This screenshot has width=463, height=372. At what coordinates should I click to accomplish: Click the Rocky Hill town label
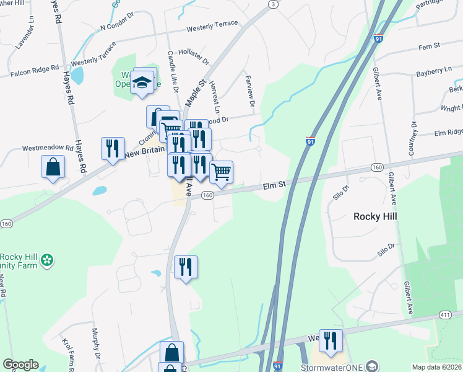click(x=374, y=216)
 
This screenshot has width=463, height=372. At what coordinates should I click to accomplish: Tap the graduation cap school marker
click(x=143, y=82)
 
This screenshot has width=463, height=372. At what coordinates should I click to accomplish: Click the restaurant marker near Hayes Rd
click(x=113, y=149)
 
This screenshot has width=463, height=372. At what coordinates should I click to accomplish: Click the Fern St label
click(x=428, y=46)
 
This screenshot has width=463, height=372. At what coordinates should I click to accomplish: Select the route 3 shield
click(x=272, y=4)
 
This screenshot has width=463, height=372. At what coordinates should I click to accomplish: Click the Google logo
click(x=20, y=365)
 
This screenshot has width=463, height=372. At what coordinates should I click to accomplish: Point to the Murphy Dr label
click(x=96, y=343)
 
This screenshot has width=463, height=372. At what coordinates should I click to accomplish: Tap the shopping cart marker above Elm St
click(x=221, y=172)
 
